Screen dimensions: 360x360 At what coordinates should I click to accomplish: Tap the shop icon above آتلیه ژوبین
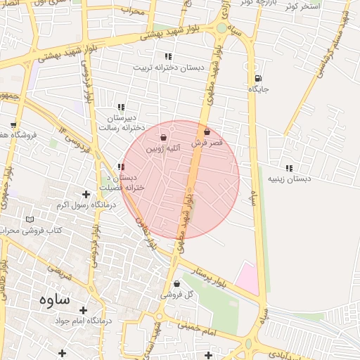click(x=165, y=138)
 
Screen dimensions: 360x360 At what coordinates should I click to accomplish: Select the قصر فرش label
click(x=207, y=143)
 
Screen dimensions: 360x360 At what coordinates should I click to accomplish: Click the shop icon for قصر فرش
click(x=207, y=131)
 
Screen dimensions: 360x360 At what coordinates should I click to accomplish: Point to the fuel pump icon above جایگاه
click(x=258, y=78)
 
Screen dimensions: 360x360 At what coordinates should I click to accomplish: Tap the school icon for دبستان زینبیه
click(x=289, y=168)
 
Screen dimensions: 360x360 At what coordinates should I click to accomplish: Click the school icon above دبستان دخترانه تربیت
click(x=167, y=56)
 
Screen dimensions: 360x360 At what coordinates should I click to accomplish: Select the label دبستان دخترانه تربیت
click(x=167, y=68)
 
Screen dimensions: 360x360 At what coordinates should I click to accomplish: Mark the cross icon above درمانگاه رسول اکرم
click(x=86, y=194)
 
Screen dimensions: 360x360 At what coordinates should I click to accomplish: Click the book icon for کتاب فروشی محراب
click(x=30, y=219)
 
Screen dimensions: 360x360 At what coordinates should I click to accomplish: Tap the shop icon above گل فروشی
click(x=176, y=284)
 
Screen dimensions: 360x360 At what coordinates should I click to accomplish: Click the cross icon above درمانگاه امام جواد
click(x=83, y=309)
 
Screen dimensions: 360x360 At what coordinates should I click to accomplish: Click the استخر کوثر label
click(x=303, y=6)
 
